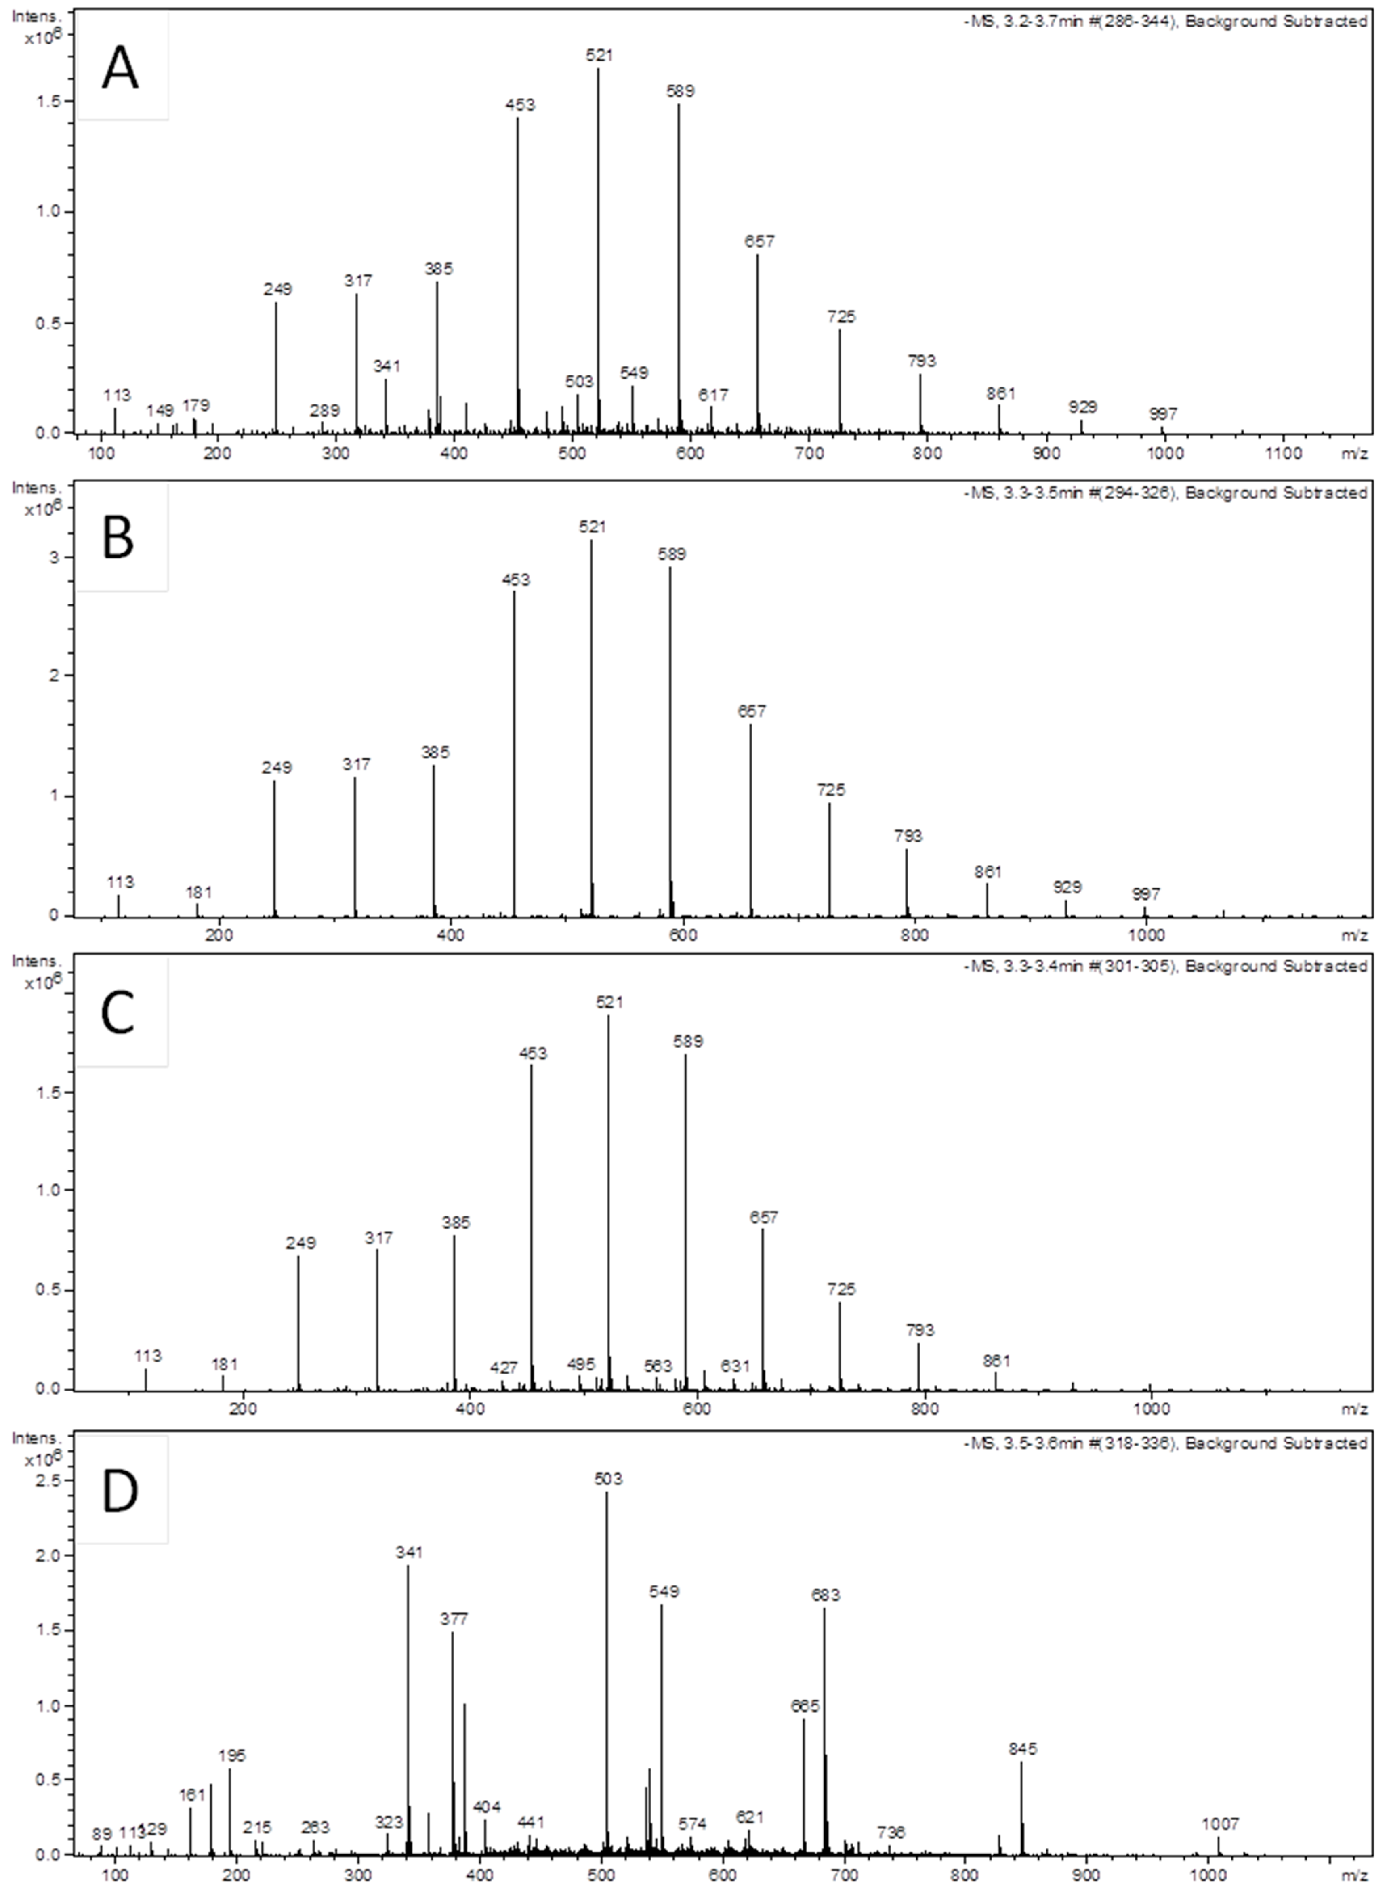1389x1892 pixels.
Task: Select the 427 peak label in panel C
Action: pos(504,1368)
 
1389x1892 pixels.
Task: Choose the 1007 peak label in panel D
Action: pos(1220,1825)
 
